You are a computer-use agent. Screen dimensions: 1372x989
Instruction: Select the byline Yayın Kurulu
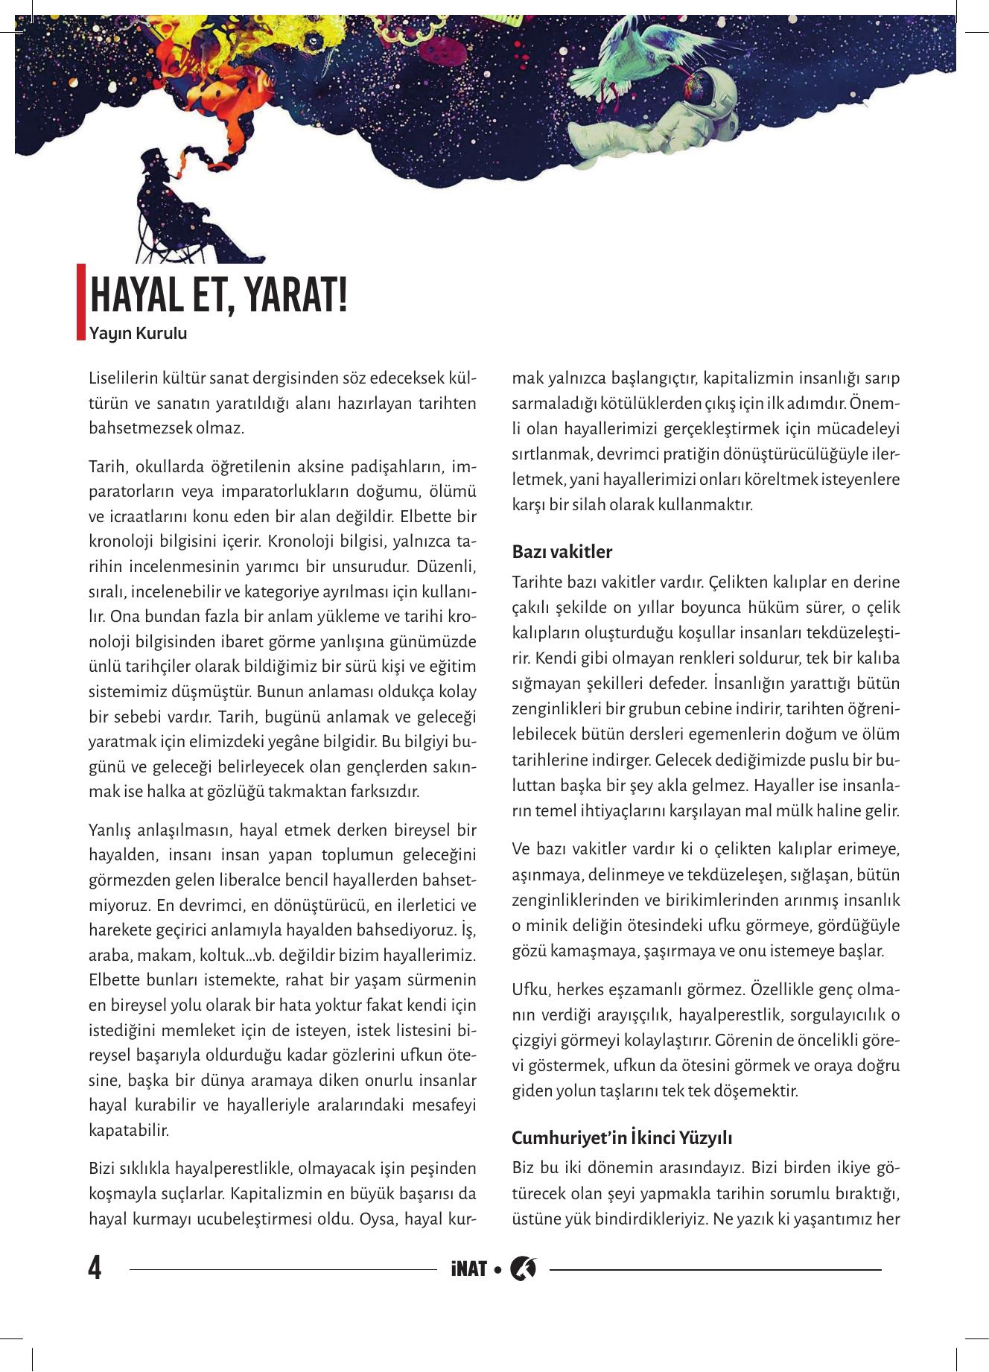[x=138, y=334]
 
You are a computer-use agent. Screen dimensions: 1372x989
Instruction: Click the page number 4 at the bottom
[x=95, y=1267]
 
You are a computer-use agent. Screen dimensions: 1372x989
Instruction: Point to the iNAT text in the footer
[x=468, y=1268]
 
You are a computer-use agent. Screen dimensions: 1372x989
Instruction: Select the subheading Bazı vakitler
[x=562, y=553]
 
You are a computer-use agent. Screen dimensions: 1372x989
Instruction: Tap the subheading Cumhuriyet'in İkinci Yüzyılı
[x=623, y=1139]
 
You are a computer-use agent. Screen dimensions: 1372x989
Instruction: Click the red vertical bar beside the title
[x=81, y=302]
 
